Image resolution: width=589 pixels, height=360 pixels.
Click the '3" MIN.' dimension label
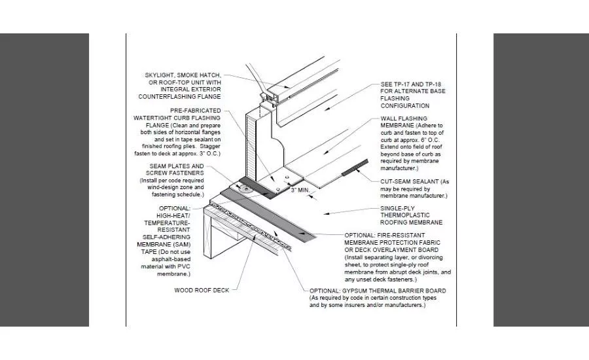click(x=300, y=190)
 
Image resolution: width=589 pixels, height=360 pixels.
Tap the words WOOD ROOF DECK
click(x=202, y=290)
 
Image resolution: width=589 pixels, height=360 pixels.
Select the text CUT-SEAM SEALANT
click(x=410, y=181)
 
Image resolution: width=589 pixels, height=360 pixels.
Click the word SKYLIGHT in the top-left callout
click(x=159, y=75)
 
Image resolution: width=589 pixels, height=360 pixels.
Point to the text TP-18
click(x=433, y=84)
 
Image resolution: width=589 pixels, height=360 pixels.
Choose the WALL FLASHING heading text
click(x=404, y=118)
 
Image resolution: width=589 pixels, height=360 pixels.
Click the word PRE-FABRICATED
click(x=195, y=111)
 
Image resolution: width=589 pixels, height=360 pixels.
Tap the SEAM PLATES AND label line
click(x=177, y=166)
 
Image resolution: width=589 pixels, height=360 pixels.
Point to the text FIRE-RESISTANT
click(x=401, y=235)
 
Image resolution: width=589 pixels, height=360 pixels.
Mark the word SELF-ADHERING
click(x=166, y=237)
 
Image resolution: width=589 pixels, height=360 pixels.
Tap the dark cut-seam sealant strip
click(x=355, y=168)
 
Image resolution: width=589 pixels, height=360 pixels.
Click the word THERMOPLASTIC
click(x=405, y=215)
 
